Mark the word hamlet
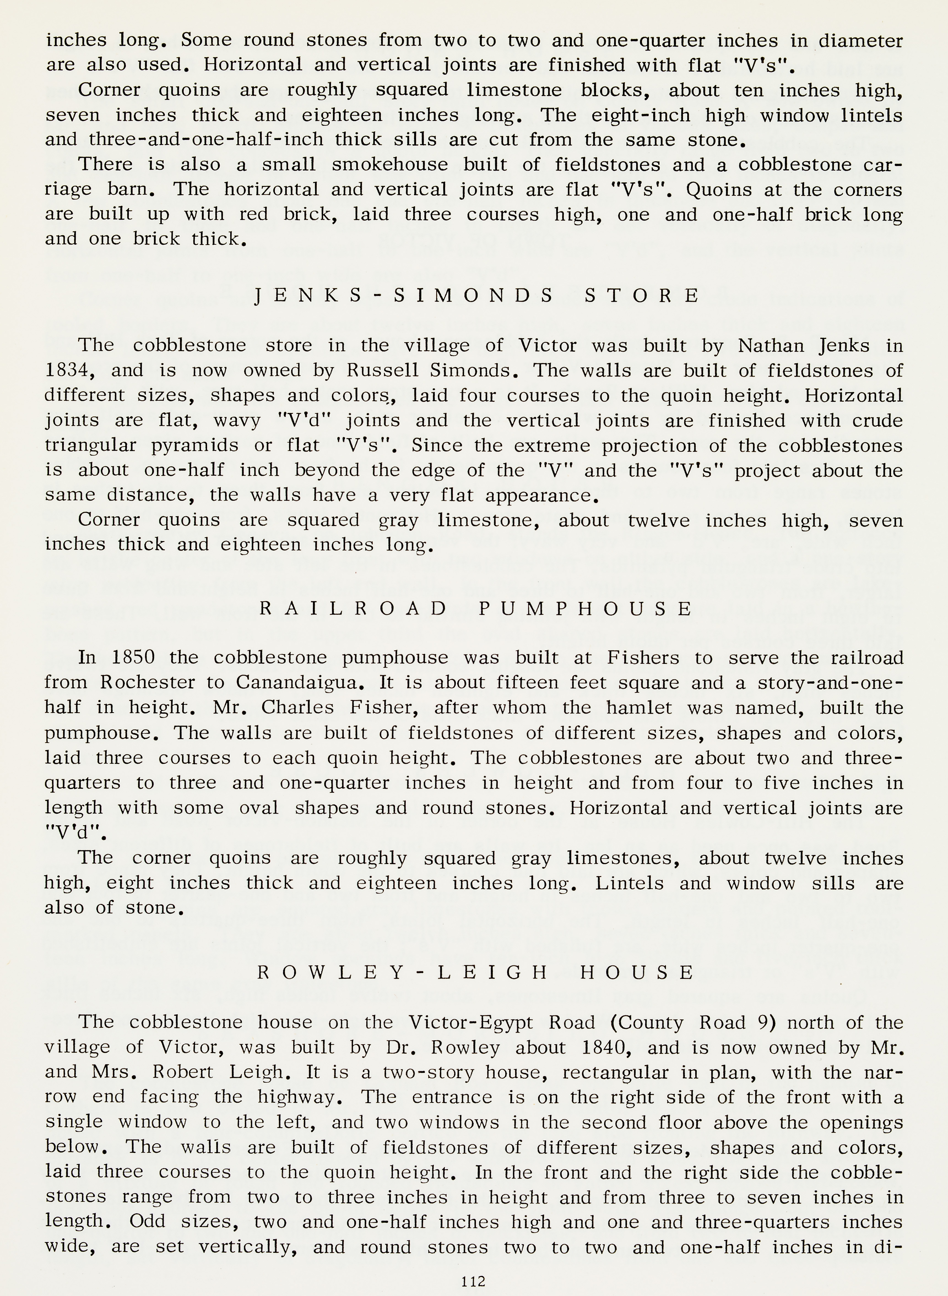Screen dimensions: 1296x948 point(639,708)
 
